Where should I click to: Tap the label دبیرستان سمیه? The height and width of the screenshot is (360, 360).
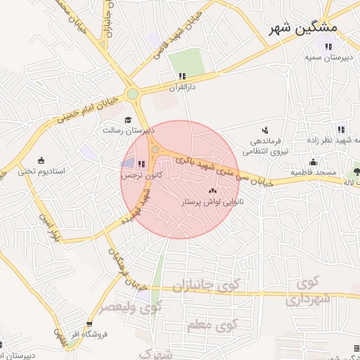pyautogui.click(x=328, y=58)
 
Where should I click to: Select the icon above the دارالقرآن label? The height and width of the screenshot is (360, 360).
pyautogui.click(x=182, y=76)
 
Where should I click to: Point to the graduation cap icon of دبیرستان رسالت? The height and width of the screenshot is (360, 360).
pyautogui.click(x=128, y=120)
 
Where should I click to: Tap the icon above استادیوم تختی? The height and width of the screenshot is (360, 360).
pyautogui.click(x=41, y=160)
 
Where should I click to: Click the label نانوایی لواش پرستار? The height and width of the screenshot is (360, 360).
pyautogui.click(x=212, y=202)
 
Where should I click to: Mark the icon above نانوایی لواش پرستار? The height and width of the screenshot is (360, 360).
pyautogui.click(x=212, y=191)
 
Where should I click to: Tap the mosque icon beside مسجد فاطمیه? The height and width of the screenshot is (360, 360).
pyautogui.click(x=313, y=162)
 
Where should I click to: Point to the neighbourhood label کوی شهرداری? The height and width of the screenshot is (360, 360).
pyautogui.click(x=307, y=292)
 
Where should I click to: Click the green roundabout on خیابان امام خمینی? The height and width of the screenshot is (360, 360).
pyautogui.click(x=132, y=94)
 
